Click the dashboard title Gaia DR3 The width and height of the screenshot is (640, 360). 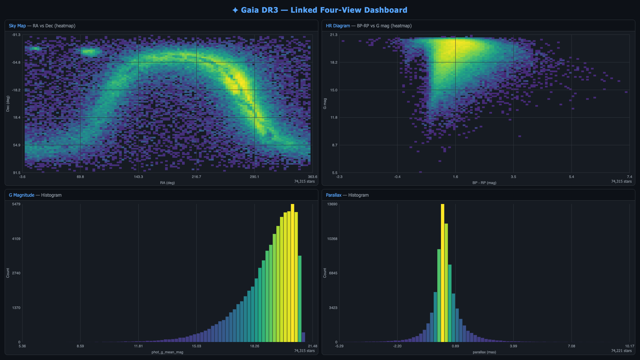[x=259, y=10]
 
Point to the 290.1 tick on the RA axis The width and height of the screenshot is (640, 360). [x=254, y=177]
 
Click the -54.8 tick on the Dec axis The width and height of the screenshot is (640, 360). [x=16, y=62]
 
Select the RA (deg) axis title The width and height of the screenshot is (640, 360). [x=167, y=183]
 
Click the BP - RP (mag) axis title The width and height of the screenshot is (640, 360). [x=484, y=183]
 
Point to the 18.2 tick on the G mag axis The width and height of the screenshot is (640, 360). [x=334, y=62]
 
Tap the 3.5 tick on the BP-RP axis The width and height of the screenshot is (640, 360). [x=513, y=177]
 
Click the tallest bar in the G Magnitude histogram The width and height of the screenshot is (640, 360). [x=292, y=273]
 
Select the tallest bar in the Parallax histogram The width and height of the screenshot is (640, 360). [x=442, y=273]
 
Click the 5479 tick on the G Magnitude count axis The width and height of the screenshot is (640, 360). [x=16, y=204]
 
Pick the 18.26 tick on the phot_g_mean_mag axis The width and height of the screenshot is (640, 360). [x=254, y=346]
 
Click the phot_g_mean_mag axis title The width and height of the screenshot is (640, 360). [x=167, y=352]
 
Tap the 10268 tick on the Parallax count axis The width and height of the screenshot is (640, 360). [x=332, y=239]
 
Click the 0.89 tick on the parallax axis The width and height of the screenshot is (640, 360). [x=455, y=346]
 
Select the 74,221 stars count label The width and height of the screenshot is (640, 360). [x=621, y=351]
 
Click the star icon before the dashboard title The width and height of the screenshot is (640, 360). [x=235, y=10]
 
